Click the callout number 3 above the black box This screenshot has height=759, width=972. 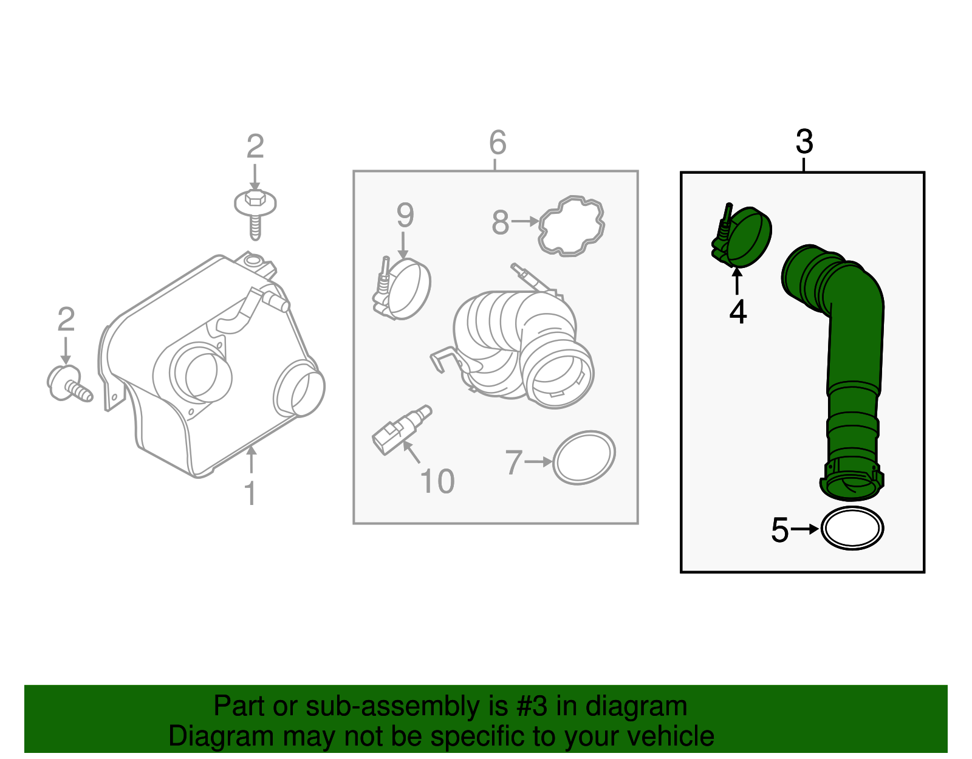coord(804,142)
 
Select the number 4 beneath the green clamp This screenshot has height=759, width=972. coord(738,312)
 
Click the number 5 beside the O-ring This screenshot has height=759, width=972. coord(779,530)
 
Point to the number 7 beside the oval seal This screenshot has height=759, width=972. coord(513,462)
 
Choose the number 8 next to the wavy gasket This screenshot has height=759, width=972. coord(500,222)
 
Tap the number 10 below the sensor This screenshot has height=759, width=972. coord(437,481)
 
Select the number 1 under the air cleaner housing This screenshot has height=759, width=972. coord(250,493)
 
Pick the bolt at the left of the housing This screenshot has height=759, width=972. coord(69,383)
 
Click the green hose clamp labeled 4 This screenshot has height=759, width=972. coord(741,235)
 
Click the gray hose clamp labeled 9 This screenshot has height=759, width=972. coord(401,288)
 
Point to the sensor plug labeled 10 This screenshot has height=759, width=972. coord(401,430)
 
